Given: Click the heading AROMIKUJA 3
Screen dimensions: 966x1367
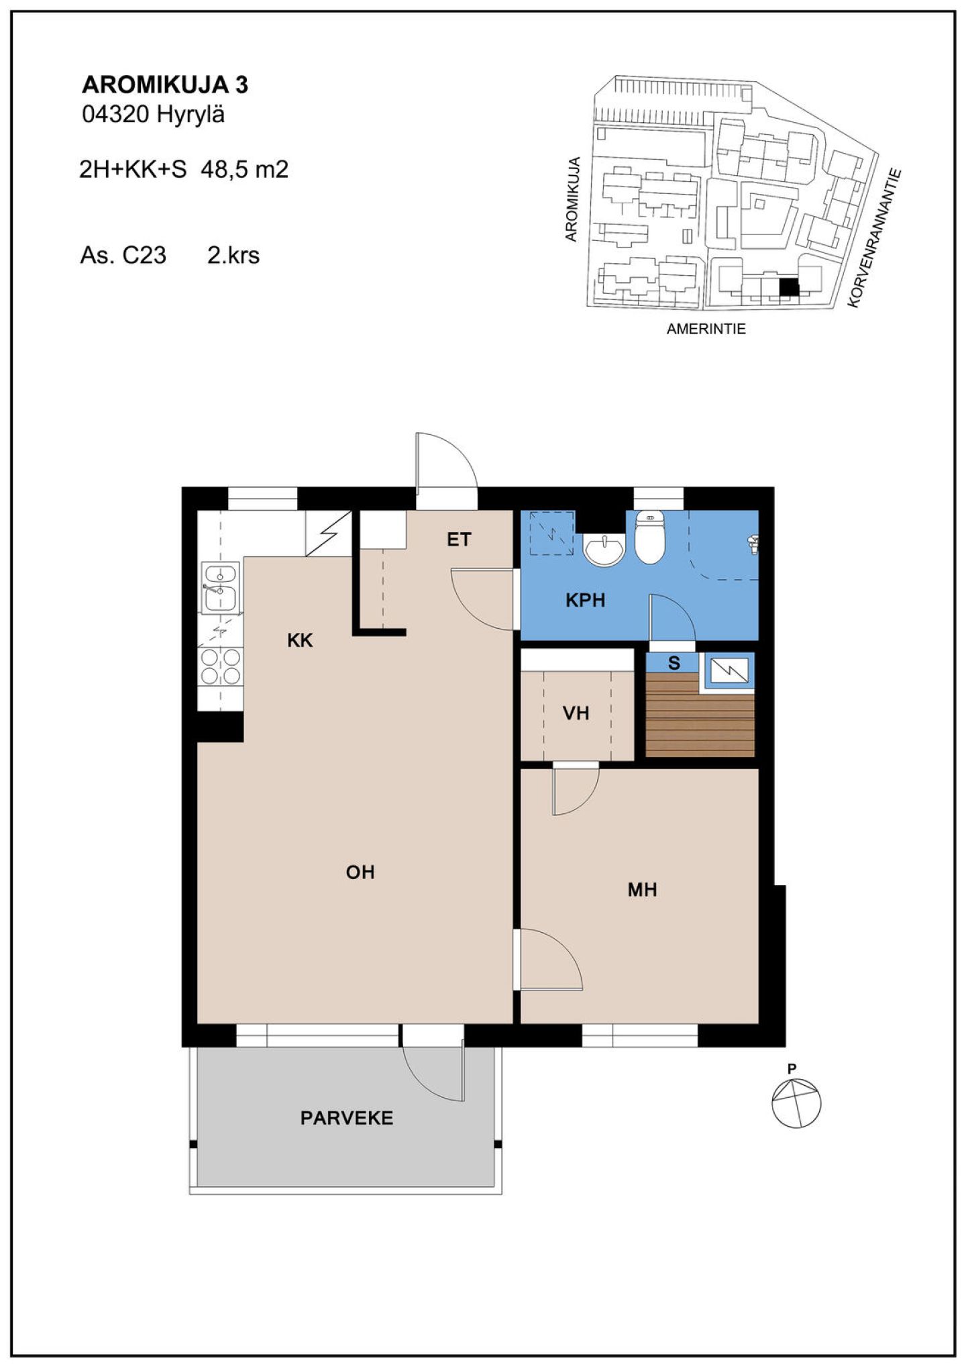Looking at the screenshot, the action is [165, 85].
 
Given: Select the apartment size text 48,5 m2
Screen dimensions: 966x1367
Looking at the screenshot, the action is [245, 169].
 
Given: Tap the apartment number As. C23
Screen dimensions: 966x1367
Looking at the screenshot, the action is [123, 256].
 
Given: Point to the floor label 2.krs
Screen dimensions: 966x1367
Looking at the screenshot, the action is [233, 256].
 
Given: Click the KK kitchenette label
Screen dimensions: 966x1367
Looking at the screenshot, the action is [300, 640].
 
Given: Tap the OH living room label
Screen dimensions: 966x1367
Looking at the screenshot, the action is [360, 872].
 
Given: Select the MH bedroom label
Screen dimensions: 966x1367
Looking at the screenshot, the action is [642, 890].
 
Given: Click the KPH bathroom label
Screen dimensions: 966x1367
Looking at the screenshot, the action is [586, 600].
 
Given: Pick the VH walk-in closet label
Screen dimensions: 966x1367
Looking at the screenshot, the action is [576, 713].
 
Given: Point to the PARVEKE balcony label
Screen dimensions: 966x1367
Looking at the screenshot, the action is [347, 1118].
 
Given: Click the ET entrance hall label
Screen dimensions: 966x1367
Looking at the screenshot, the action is [460, 539].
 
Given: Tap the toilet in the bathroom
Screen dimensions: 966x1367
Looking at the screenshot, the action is [649, 537].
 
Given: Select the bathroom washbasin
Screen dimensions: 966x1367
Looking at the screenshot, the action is [604, 550].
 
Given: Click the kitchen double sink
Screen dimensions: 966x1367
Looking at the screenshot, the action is [220, 588].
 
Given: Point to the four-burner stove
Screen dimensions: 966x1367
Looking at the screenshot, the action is [220, 666].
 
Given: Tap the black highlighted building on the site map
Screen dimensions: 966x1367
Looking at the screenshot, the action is [789, 287].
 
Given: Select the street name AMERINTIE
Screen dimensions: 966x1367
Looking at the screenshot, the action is [706, 329].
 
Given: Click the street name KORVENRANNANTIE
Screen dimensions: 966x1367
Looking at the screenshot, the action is [875, 238].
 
